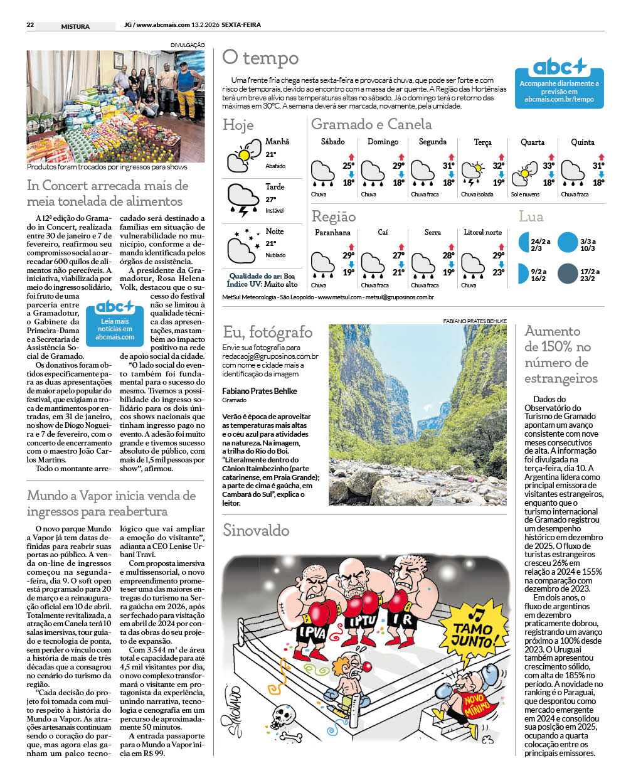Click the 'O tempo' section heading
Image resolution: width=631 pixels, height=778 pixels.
pyautogui.click(x=260, y=58)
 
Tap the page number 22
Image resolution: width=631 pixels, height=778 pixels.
pyautogui.click(x=30, y=26)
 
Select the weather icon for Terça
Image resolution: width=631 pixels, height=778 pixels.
pyautogui.click(x=473, y=173)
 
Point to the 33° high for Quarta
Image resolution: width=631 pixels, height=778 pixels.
pyautogui.click(x=548, y=166)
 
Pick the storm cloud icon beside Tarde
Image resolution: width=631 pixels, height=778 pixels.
pyautogui.click(x=241, y=200)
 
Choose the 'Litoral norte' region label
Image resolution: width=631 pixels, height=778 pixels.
pyautogui.click(x=482, y=232)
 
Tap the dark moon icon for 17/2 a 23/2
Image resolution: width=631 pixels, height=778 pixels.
pyautogui.click(x=567, y=274)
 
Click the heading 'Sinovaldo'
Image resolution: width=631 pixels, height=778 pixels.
pyautogui.click(x=256, y=531)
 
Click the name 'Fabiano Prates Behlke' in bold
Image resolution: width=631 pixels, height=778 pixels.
pyautogui.click(x=260, y=391)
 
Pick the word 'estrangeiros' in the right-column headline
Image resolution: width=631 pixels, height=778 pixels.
pyautogui.click(x=561, y=378)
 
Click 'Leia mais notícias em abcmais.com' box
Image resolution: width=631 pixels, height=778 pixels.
pyautogui.click(x=115, y=322)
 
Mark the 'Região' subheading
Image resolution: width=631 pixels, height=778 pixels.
pyautogui.click(x=334, y=217)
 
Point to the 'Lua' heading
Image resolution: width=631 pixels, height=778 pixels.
pyautogui.click(x=531, y=217)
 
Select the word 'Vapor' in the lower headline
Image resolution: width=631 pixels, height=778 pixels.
pyautogui.click(x=101, y=496)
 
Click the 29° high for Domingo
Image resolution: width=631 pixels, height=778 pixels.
pyautogui.click(x=398, y=166)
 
